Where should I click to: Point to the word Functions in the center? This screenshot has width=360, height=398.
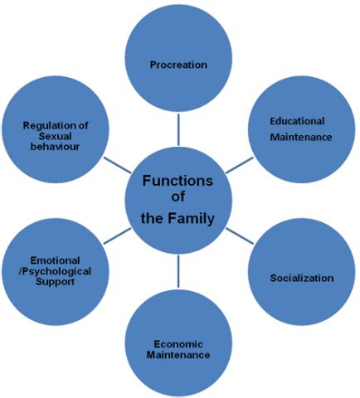click(x=177, y=182)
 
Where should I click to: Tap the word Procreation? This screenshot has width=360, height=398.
click(x=178, y=63)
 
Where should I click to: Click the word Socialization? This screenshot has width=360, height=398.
click(x=302, y=278)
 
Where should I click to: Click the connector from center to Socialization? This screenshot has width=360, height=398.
click(x=240, y=234)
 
